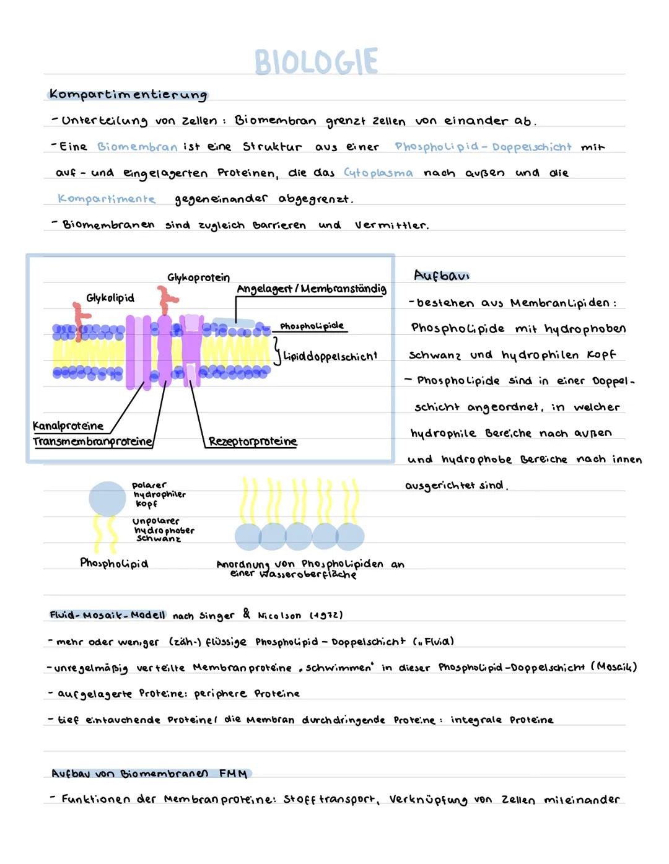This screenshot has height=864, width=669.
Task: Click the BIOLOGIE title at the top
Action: coord(316,62)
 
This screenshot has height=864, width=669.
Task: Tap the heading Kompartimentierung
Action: coord(128,95)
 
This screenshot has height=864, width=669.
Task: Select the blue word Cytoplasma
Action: coord(378,173)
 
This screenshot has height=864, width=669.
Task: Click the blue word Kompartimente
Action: coord(106,198)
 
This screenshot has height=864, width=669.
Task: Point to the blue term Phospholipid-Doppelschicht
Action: coord(483,147)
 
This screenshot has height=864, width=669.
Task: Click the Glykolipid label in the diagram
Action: coord(110,298)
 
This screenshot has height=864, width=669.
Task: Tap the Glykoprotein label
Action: coord(198,277)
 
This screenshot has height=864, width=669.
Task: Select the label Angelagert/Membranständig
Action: coord(311,289)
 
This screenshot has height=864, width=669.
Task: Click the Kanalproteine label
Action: coord(68,426)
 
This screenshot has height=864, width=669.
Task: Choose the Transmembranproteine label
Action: coord(93,442)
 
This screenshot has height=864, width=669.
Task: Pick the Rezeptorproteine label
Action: coord(253,441)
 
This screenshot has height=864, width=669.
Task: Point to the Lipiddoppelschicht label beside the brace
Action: coord(330,356)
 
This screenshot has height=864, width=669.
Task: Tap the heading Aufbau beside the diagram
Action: coord(441,275)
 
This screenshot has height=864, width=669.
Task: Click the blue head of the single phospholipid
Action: coord(107,499)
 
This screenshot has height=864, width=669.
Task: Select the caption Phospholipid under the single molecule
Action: coord(114,563)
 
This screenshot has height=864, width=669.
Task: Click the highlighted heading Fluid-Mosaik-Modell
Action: coord(107,614)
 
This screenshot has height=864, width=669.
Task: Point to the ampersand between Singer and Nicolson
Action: coord(247,614)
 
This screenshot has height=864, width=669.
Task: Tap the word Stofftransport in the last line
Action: coord(330,799)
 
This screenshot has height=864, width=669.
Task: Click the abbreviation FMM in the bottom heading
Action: coord(234,774)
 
